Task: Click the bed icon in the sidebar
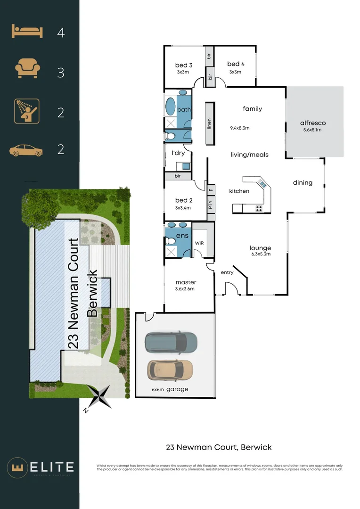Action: (x=27, y=32)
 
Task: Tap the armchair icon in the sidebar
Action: (x=26, y=69)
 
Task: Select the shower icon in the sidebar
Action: (x=26, y=111)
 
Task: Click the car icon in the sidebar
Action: (x=26, y=150)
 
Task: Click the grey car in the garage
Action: (x=171, y=342)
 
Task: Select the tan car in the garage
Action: (x=170, y=370)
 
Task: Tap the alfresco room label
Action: (x=313, y=123)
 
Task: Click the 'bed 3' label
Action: (x=183, y=65)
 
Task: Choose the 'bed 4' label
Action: (x=235, y=64)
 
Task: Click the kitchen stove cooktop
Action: (x=260, y=208)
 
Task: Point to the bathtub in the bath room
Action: (x=170, y=107)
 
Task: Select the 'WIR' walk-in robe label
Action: (x=200, y=243)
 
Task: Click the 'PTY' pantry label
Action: (x=211, y=205)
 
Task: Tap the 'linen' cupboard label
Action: (x=209, y=124)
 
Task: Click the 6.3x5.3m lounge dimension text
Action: (x=260, y=254)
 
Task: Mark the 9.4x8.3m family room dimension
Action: (x=240, y=128)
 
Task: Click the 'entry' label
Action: (x=227, y=272)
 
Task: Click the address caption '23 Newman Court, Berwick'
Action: (x=219, y=447)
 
